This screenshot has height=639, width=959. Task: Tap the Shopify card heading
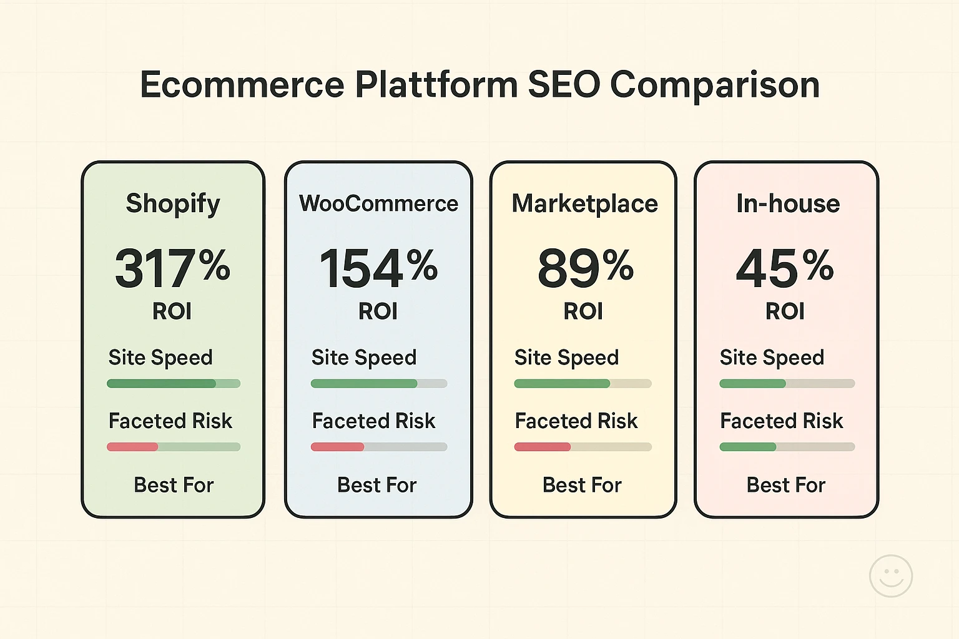tap(173, 203)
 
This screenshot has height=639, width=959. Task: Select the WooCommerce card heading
tap(378, 203)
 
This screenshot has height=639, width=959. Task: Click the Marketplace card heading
tap(584, 203)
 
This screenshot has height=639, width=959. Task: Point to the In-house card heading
tap(787, 203)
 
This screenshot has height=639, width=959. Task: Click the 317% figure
tap(172, 268)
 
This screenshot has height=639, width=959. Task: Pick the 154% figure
tap(378, 268)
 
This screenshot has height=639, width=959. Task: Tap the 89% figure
tap(585, 268)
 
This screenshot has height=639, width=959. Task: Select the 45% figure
tap(785, 268)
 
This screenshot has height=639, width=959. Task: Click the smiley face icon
tap(890, 576)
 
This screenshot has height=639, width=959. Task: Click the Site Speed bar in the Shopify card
tap(174, 384)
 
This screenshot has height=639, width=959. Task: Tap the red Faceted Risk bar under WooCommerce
tap(338, 447)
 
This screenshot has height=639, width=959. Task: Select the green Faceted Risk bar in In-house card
tap(748, 447)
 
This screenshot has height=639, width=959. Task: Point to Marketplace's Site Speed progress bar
tap(583, 384)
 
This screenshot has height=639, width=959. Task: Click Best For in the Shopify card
tap(174, 485)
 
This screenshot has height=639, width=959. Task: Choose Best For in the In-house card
tap(785, 485)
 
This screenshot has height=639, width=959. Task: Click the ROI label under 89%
tap(583, 311)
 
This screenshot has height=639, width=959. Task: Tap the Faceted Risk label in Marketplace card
tap(576, 421)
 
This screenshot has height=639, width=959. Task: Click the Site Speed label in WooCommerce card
tap(363, 358)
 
